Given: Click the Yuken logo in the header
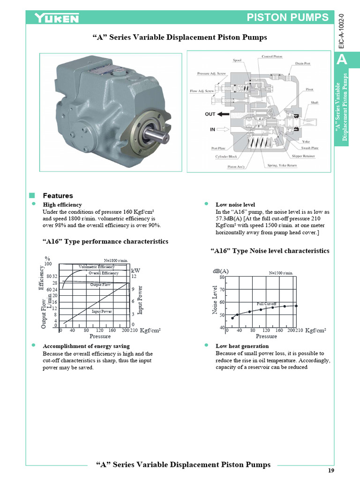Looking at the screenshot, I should pyautogui.click(x=57, y=18).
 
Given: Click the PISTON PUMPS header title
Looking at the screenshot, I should pyautogui.click(x=288, y=18).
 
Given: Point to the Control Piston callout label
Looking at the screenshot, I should pyautogui.click(x=271, y=57).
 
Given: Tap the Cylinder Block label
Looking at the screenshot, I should pyautogui.click(x=226, y=157).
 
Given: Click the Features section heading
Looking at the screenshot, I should pyautogui.click(x=58, y=195).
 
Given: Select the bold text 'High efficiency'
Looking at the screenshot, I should pyautogui.click(x=62, y=205).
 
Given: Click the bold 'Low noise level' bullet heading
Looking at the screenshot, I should pyautogui.click(x=235, y=205).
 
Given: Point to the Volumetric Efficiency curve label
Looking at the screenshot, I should pyautogui.click(x=97, y=267).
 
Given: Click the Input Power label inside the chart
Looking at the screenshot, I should pyautogui.click(x=102, y=311).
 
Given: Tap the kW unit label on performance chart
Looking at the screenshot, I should pyautogui.click(x=135, y=270).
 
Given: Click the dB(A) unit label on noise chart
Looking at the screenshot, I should pyautogui.click(x=221, y=271).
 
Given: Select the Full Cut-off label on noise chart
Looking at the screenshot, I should pyautogui.click(x=267, y=304).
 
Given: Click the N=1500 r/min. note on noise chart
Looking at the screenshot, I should pyautogui.click(x=281, y=272).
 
